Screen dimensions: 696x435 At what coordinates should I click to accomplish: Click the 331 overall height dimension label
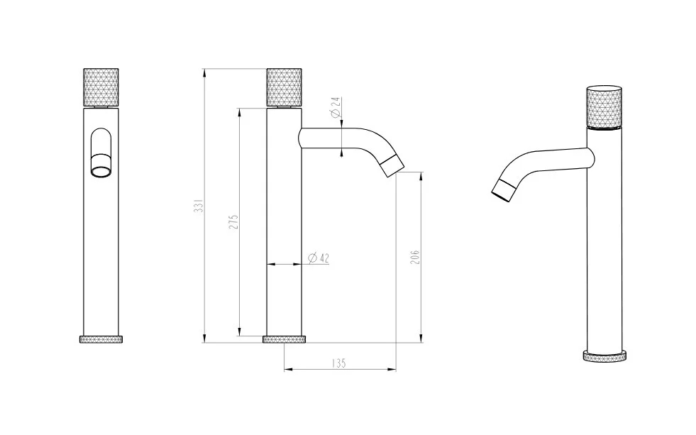click(x=199, y=206)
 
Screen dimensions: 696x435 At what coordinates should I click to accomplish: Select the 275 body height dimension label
click(x=234, y=221)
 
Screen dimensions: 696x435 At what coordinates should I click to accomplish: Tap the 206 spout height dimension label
click(x=414, y=258)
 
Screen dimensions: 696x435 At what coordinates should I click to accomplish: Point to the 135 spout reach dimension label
click(x=338, y=363)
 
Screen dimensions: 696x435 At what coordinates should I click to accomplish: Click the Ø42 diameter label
click(x=319, y=258)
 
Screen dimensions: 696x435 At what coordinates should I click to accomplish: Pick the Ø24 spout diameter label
click(x=336, y=107)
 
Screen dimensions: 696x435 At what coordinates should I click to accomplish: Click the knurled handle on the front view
click(x=101, y=87)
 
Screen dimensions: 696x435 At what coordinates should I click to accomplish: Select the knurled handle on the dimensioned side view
click(x=284, y=87)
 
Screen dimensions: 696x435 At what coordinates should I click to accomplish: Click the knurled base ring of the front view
click(x=101, y=340)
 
